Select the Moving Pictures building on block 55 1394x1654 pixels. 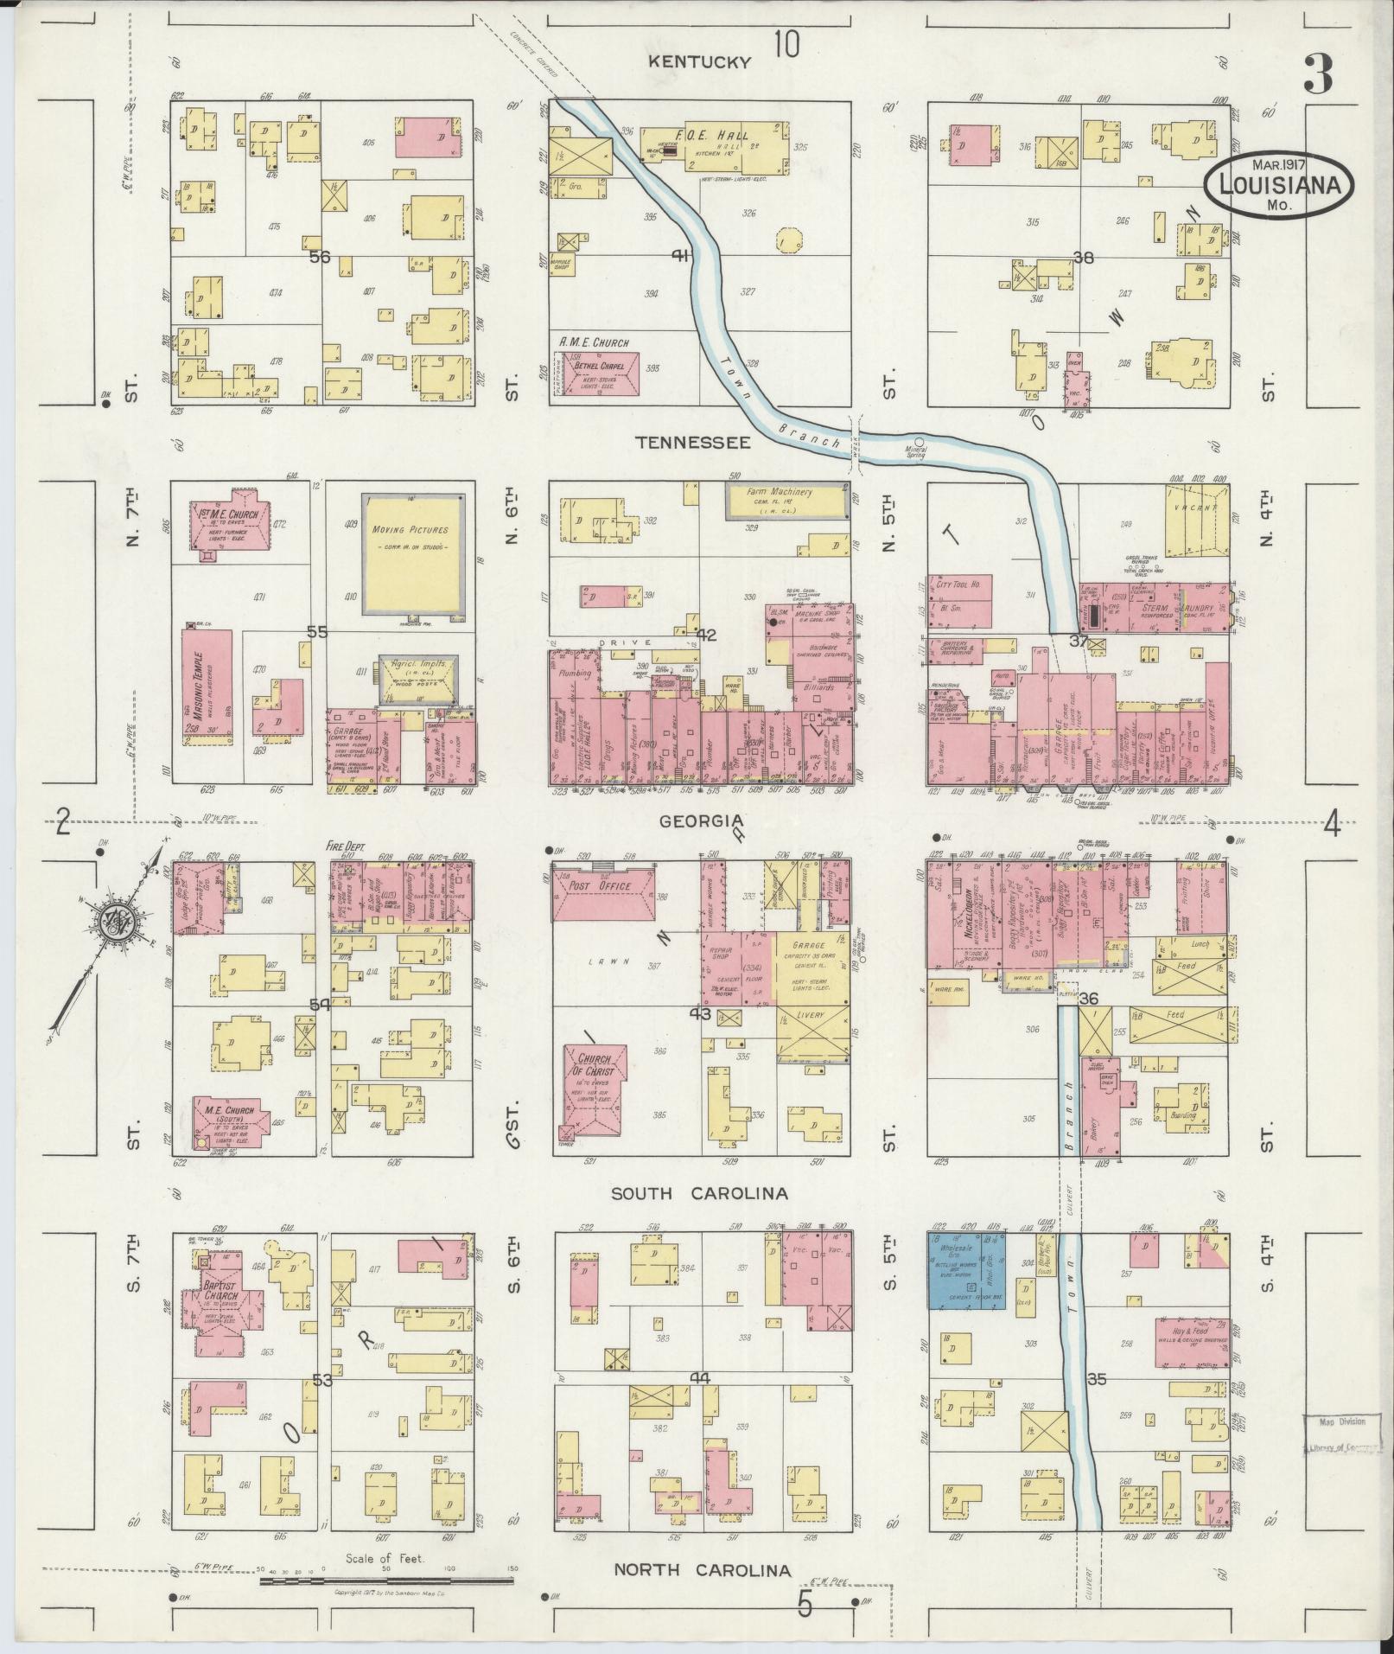coord(411,553)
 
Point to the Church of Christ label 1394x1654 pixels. coord(595,1065)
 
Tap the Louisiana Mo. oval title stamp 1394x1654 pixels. coord(1280,184)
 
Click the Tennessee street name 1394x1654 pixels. coord(692,442)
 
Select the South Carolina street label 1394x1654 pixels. coord(699,1193)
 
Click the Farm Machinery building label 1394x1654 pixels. coord(780,493)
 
